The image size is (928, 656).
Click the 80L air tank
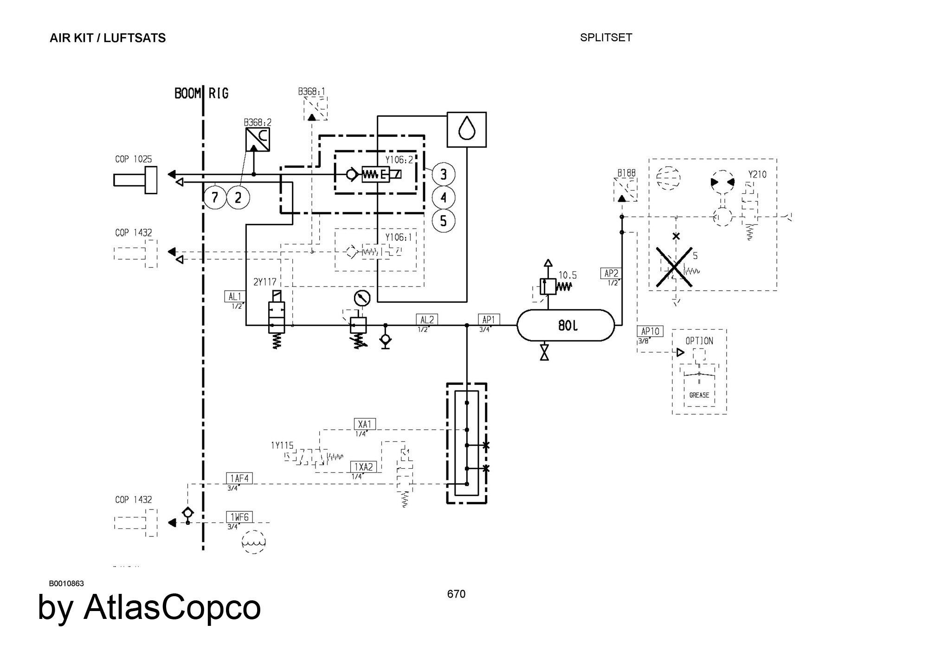(x=566, y=325)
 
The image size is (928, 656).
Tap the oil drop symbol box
(x=466, y=129)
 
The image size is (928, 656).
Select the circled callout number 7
(x=215, y=198)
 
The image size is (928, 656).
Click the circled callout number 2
(x=238, y=198)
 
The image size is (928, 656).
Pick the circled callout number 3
(x=443, y=174)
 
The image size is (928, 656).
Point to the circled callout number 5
(x=443, y=221)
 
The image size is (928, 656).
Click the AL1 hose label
(x=235, y=297)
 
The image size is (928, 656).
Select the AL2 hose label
(x=426, y=319)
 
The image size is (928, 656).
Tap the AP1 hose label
(x=489, y=319)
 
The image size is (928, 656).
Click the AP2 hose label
(x=611, y=274)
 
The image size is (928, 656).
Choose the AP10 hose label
(x=650, y=331)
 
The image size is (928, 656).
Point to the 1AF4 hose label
(x=239, y=478)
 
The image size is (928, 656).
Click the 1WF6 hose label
(x=239, y=517)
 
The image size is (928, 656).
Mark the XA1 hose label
(x=365, y=424)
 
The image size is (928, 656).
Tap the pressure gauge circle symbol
(x=362, y=298)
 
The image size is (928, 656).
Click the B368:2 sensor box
(x=258, y=140)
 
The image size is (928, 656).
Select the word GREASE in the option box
(x=699, y=395)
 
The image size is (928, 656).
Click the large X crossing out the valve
(x=675, y=267)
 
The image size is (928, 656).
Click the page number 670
(x=456, y=594)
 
